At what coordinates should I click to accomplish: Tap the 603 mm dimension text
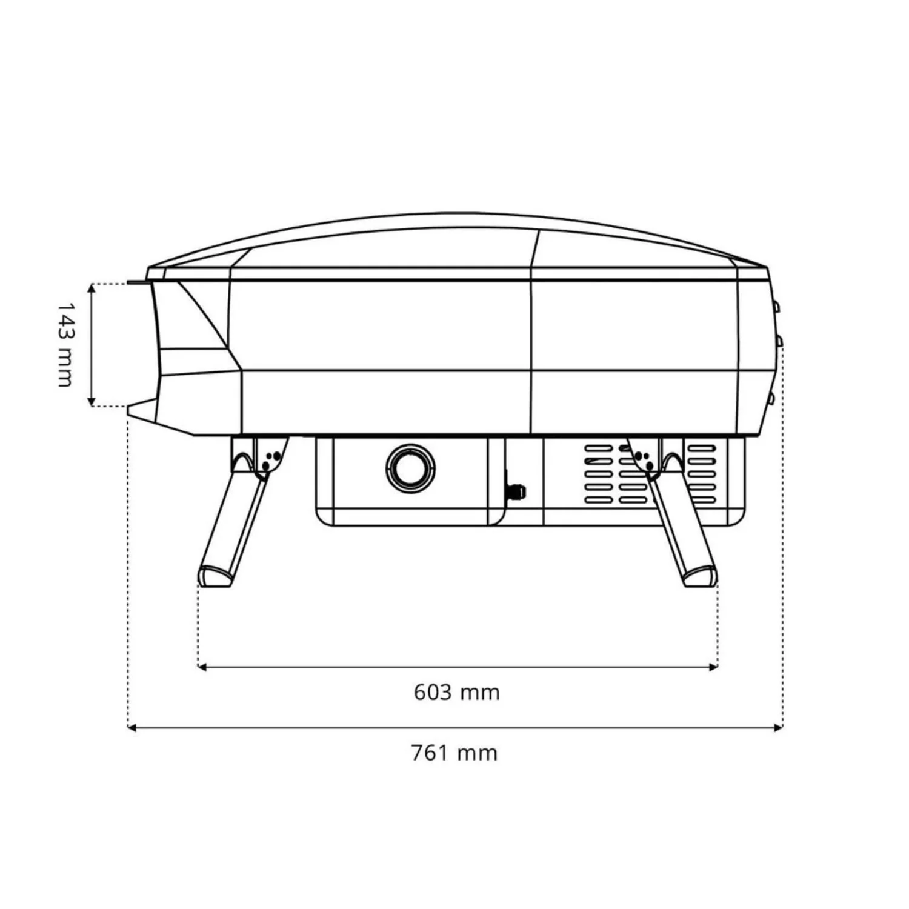[x=457, y=692]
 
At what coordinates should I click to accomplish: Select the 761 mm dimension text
[x=454, y=753]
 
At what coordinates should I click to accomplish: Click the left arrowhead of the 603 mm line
[x=202, y=667]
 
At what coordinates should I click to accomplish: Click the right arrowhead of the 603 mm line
[x=713, y=667]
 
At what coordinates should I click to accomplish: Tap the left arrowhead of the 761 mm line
[x=133, y=727]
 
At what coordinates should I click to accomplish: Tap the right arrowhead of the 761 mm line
[x=777, y=727]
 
